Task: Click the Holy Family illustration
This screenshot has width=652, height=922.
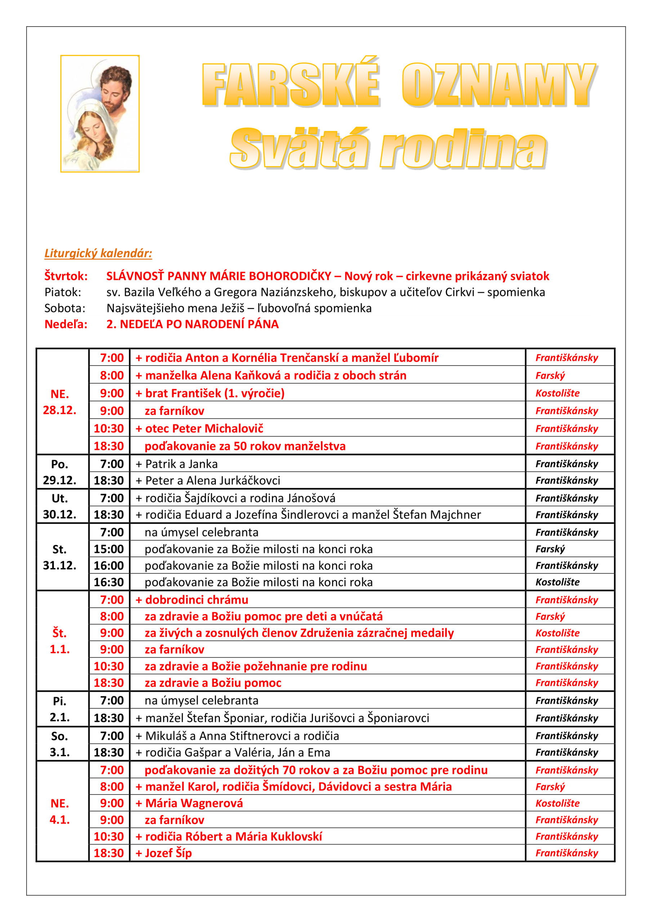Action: tap(100, 114)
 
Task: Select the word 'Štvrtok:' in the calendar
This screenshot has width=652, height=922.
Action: tap(66, 276)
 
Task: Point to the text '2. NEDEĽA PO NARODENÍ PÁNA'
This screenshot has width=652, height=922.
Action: tap(192, 324)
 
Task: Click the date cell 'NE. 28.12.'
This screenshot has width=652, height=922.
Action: tap(59, 402)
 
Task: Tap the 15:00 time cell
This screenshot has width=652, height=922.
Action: tap(108, 549)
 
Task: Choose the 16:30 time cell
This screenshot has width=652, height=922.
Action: tap(108, 582)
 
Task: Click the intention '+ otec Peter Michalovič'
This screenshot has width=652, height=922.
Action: tap(199, 429)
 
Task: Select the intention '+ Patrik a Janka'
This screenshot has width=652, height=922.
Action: tap(177, 464)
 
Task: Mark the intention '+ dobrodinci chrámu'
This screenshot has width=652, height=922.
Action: tap(192, 600)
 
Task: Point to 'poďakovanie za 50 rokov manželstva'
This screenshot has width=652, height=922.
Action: tap(245, 446)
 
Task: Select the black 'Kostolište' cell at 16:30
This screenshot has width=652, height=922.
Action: tap(557, 582)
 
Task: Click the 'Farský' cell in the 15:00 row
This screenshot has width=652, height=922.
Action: tap(550, 549)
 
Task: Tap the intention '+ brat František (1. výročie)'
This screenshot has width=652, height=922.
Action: tap(210, 393)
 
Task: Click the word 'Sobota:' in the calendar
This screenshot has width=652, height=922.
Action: tap(65, 308)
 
